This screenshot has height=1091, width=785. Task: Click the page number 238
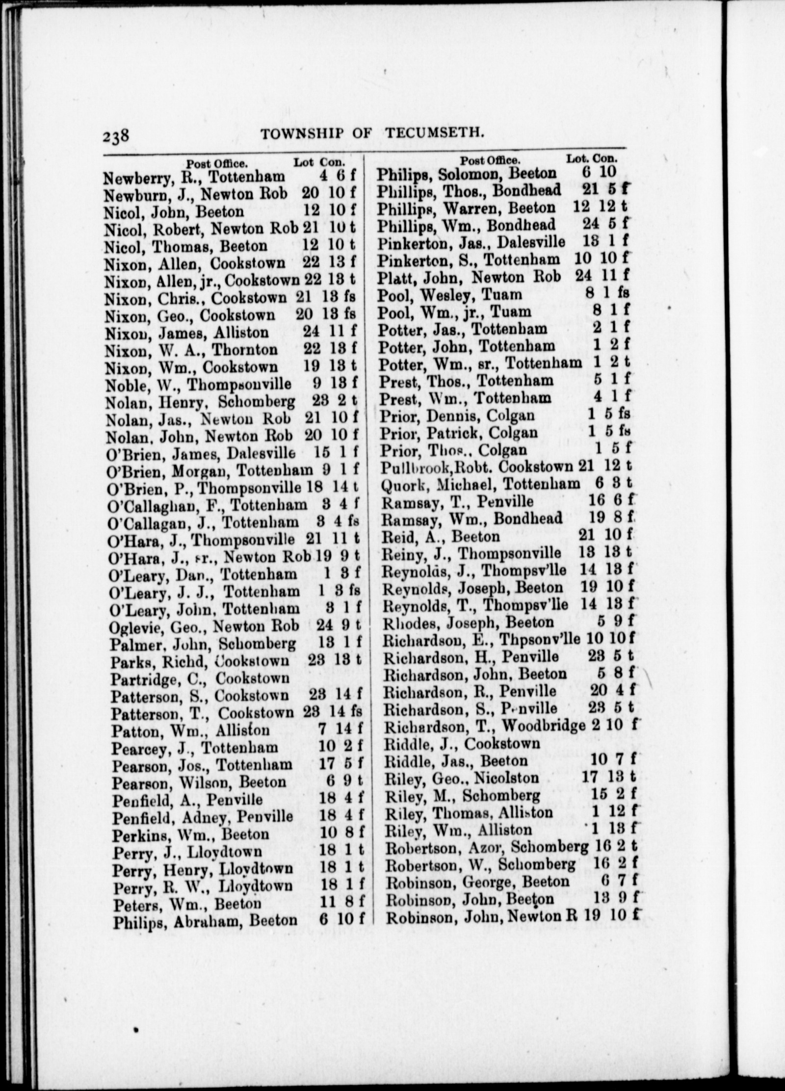pos(116,134)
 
